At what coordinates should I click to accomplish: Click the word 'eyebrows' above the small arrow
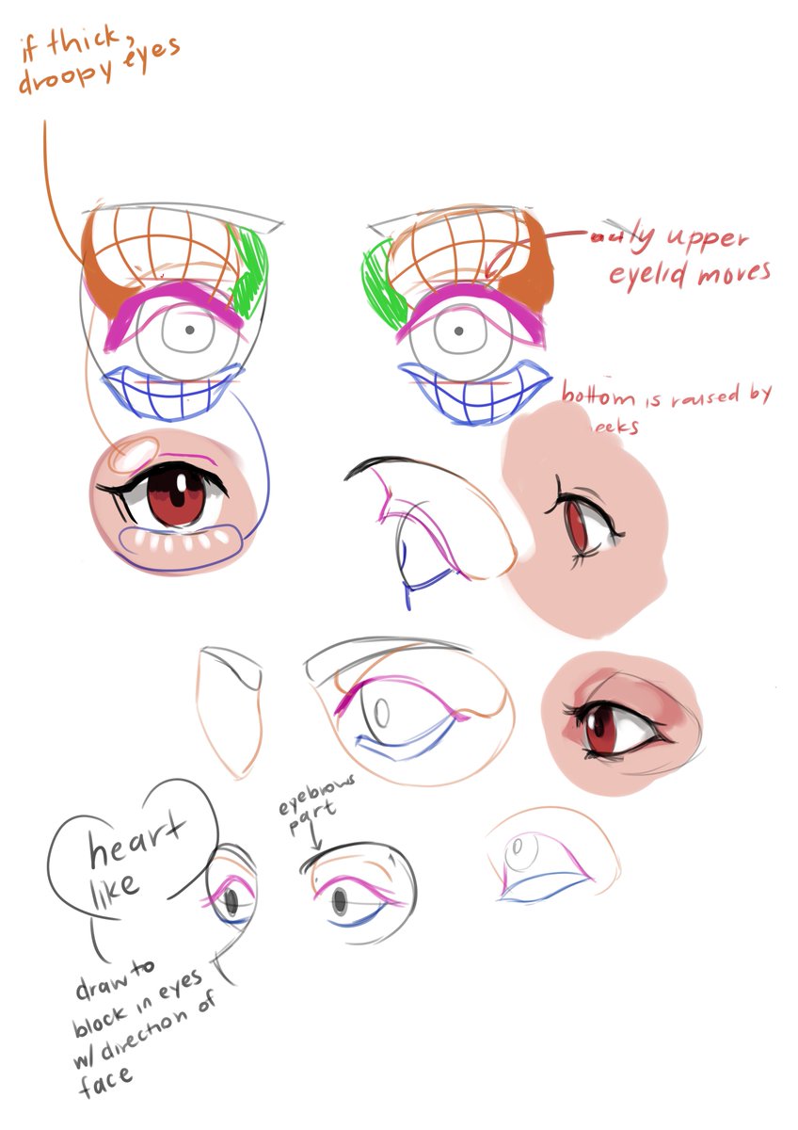pos(310,807)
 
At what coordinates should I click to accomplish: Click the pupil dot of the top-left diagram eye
pos(190,330)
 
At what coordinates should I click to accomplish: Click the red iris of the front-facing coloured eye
pos(176,498)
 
